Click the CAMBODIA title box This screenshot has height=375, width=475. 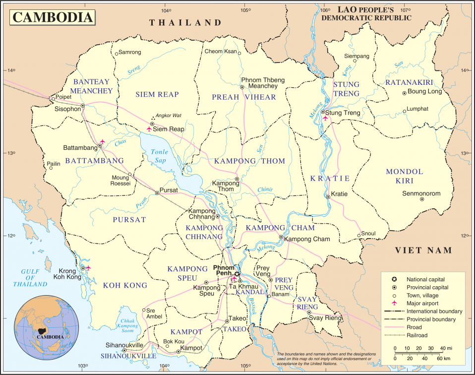pos(53,17)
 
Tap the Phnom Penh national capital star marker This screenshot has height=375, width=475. pos(237,274)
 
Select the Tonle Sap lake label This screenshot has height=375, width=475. pos(159,156)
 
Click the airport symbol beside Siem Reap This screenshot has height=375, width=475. pos(149,129)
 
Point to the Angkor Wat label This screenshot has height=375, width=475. pos(169,116)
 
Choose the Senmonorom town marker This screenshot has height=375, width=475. pos(421,199)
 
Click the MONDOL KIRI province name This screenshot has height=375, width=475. pos(405,176)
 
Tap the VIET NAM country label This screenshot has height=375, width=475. pos(423,250)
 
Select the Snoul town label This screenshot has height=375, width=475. pos(368,233)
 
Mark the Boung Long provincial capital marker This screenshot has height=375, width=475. pos(404,93)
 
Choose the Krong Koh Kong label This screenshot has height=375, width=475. pos(66,274)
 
